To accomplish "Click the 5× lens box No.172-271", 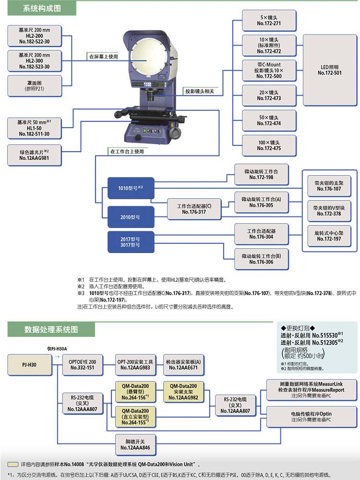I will [x=269, y=20].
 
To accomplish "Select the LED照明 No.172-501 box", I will [x=329, y=70].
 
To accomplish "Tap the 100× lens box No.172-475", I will [x=269, y=145].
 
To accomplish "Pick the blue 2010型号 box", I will [x=131, y=217].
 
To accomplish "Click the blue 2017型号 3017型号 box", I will [x=131, y=241].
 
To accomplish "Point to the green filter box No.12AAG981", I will [x=34, y=155].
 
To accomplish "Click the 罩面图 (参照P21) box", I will [x=34, y=86].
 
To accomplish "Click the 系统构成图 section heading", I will [x=42, y=9].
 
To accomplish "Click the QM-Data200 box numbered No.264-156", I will [x=135, y=392].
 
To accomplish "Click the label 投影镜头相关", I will [x=200, y=91].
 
